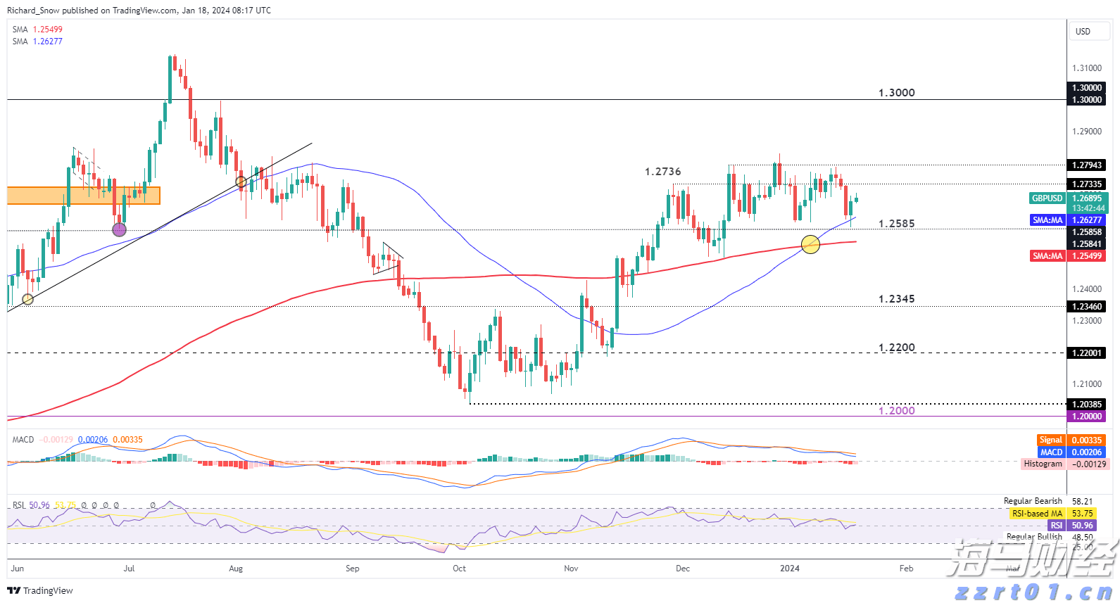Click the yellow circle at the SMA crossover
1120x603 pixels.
[x=810, y=244]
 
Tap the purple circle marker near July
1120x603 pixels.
[x=120, y=229]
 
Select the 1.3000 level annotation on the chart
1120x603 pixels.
[x=896, y=93]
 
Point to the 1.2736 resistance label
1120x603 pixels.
[x=662, y=172]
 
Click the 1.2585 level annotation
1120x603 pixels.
[x=896, y=224]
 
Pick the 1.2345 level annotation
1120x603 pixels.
[x=896, y=299]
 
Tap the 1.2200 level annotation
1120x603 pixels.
[x=896, y=348]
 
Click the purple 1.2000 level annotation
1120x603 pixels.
[x=896, y=411]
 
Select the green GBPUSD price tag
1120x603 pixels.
[x=1047, y=198]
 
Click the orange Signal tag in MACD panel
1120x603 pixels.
[x=1050, y=440]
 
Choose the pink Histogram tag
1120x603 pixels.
[x=1043, y=464]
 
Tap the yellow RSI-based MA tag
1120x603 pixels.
[x=1037, y=514]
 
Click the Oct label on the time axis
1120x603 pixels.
[x=459, y=569]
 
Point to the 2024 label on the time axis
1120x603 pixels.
[x=790, y=569]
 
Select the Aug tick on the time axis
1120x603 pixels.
[x=236, y=569]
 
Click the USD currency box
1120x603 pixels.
[x=1083, y=31]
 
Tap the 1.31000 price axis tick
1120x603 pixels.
[x=1086, y=68]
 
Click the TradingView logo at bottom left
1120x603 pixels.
[x=40, y=591]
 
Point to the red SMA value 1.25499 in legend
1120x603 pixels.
[x=47, y=30]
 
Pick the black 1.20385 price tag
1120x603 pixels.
[x=1086, y=405]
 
